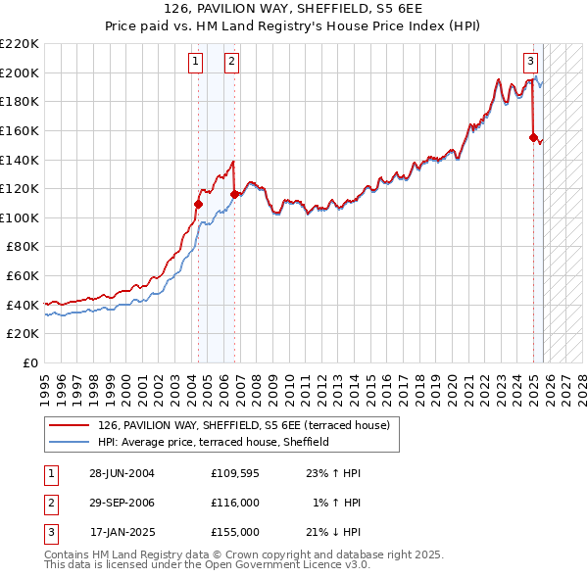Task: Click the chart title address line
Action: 294,9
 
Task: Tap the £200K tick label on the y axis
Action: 20,72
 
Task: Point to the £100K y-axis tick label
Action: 20,217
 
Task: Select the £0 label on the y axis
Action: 30,363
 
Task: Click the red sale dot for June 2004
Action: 198,204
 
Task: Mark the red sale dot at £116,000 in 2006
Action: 234,195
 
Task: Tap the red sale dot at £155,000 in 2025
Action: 534,138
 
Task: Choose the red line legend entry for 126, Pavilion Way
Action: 244,425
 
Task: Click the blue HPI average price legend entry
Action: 213,442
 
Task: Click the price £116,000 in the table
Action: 234,503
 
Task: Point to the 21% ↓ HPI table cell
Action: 333,532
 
